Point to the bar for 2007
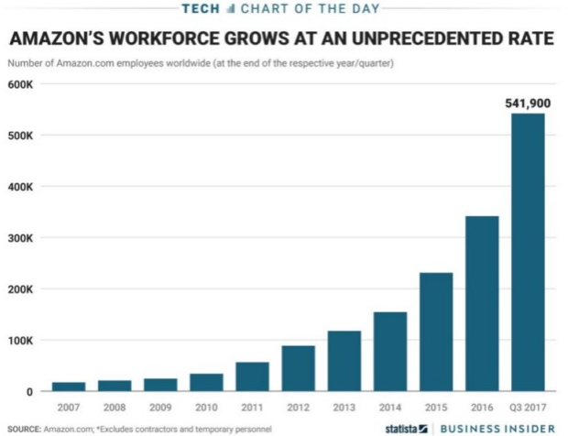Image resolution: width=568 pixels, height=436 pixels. pos(70,387)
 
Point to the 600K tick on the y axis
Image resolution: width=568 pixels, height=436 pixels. pos(19,84)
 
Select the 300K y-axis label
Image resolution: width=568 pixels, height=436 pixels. pos(19,238)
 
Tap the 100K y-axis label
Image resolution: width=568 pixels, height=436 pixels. pos(19,341)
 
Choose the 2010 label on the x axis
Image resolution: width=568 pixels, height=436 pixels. pos(207,406)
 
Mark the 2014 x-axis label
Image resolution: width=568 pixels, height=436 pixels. pos(390,406)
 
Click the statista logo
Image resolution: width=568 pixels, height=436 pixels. pos(407,428)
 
